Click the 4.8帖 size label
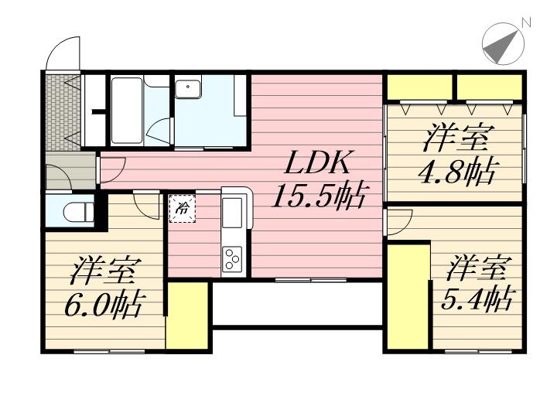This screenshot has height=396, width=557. click(x=457, y=172)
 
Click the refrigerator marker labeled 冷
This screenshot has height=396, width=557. click(x=183, y=207)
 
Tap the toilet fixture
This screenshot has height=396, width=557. click(x=76, y=210)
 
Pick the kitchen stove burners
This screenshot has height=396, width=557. click(x=233, y=258)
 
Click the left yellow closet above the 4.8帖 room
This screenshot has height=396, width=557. click(x=419, y=86)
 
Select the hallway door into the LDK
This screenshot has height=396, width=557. click(x=110, y=169)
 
